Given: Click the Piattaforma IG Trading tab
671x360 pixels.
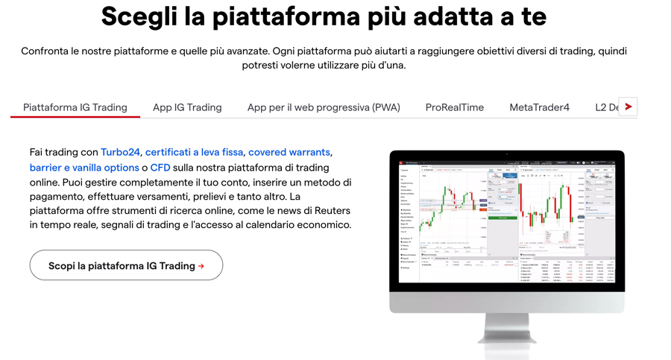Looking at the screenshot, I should pos(75,107).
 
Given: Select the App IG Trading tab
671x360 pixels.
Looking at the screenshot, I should pos(187,107).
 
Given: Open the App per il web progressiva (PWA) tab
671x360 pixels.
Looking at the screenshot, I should pos(324,107).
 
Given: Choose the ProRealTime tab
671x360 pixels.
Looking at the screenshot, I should pos(455,107).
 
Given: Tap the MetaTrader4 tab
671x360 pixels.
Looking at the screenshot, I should pos(539,107).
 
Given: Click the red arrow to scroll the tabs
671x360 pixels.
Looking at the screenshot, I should pos(629,107).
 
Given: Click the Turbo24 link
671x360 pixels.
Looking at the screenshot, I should pos(121,152).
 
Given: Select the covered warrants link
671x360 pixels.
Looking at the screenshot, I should pos(289,152).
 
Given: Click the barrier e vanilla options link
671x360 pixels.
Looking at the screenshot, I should pos(84,168).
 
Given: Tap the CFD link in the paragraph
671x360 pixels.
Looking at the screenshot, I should pos(160,168).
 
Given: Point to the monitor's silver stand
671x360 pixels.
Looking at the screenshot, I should pos(507,332).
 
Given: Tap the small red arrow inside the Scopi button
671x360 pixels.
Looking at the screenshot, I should pos(201,266).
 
